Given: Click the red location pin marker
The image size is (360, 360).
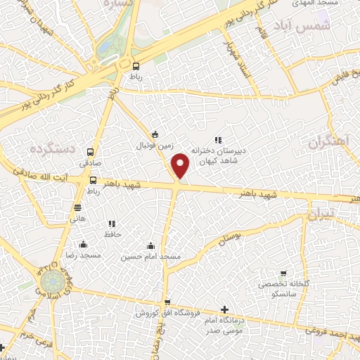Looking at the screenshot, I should (x=181, y=165).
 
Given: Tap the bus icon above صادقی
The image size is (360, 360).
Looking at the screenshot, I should (x=90, y=151).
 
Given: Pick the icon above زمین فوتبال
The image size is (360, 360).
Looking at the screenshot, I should (x=155, y=136).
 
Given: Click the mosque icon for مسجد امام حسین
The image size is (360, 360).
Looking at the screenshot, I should (x=151, y=246).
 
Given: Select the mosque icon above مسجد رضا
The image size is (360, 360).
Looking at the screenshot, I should (x=84, y=245).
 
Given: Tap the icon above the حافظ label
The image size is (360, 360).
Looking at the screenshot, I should (x=112, y=224).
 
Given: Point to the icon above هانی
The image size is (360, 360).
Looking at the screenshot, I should (x=77, y=207).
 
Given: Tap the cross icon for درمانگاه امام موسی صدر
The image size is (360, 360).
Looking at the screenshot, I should (x=224, y=309).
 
